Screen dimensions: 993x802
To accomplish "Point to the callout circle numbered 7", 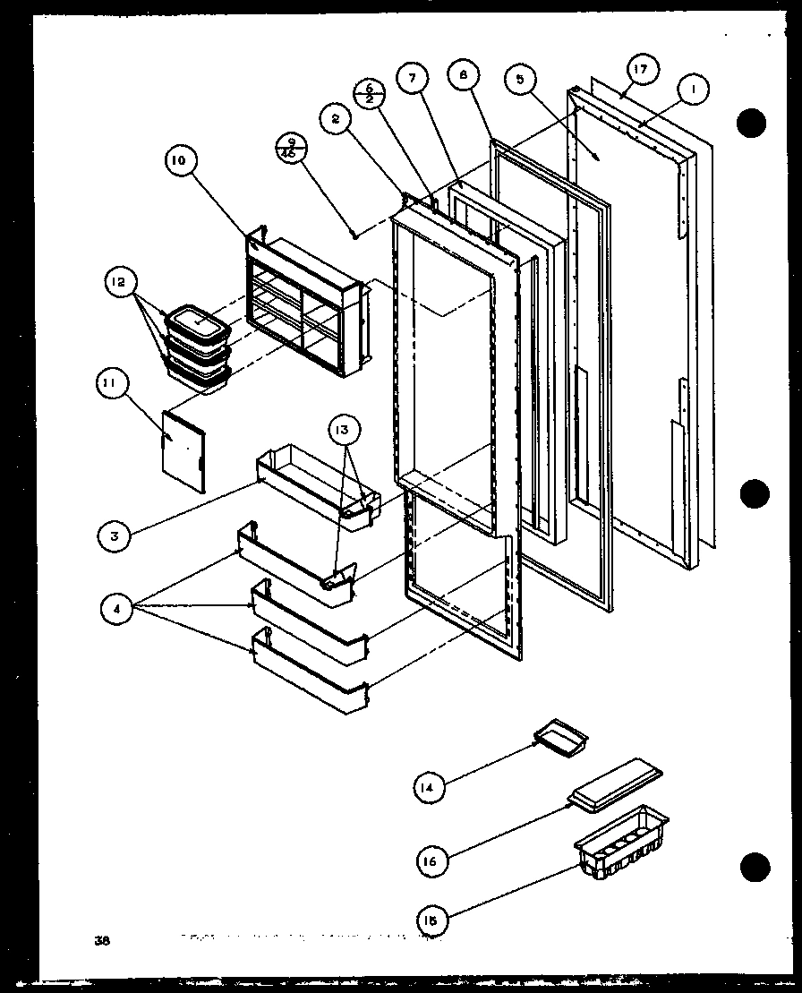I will point(412,79).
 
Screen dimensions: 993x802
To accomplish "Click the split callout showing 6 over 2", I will point(369,92).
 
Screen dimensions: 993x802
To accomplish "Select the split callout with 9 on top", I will point(291,147).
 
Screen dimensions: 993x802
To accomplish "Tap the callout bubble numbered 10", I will point(178,161).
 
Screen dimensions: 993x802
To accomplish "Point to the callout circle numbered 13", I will point(347,431).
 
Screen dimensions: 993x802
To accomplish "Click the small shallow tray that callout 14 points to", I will point(561,736).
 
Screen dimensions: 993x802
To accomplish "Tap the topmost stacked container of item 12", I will point(196,320).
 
